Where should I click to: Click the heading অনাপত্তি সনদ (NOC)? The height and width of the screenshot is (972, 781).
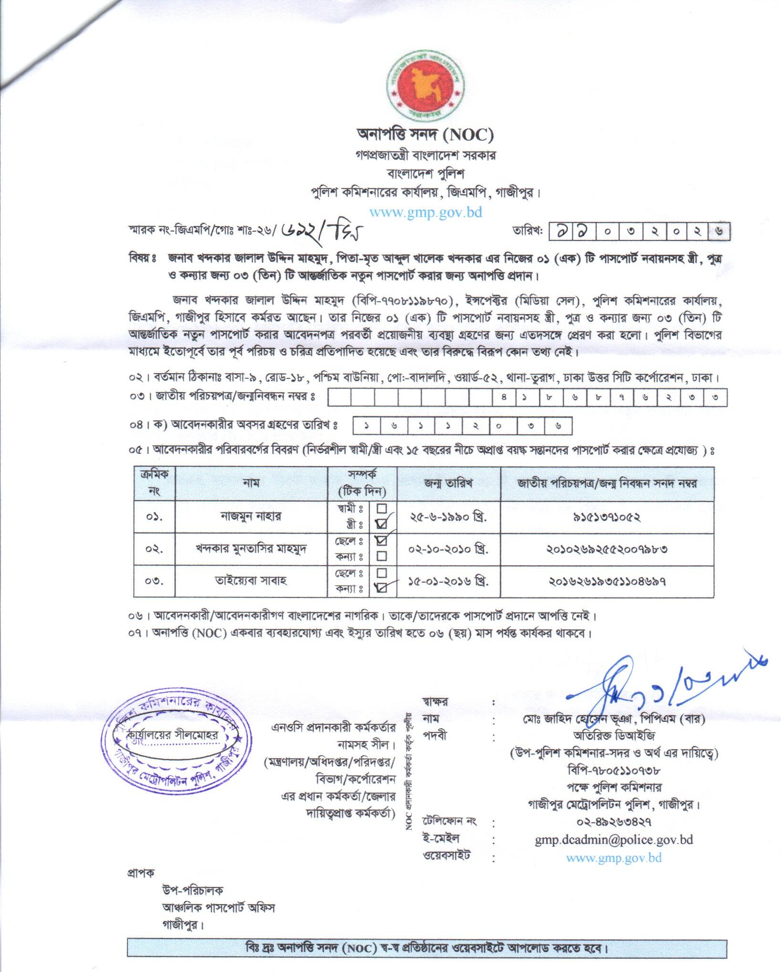[x=425, y=136]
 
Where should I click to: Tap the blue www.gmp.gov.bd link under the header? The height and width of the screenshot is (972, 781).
[x=426, y=212]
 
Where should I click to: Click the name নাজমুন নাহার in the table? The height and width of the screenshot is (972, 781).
[x=251, y=516]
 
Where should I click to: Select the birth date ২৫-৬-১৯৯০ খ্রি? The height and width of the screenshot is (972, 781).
[x=448, y=517]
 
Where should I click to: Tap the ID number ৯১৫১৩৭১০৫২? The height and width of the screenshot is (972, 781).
[x=607, y=517]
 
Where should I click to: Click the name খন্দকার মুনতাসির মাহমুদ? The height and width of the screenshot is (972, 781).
[x=251, y=549]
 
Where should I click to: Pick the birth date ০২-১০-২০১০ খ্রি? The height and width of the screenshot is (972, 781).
[x=448, y=549]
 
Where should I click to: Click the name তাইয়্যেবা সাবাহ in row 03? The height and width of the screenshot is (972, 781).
[x=251, y=581]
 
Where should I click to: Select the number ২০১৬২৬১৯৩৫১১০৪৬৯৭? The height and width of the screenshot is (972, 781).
[x=607, y=581]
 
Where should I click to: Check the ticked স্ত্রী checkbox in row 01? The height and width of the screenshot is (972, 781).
[x=382, y=524]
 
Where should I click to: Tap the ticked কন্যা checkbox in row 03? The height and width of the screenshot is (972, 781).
[x=382, y=588]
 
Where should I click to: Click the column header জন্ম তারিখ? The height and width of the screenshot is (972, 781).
[x=448, y=483]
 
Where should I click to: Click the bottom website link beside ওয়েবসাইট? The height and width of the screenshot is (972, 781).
[x=614, y=857]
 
